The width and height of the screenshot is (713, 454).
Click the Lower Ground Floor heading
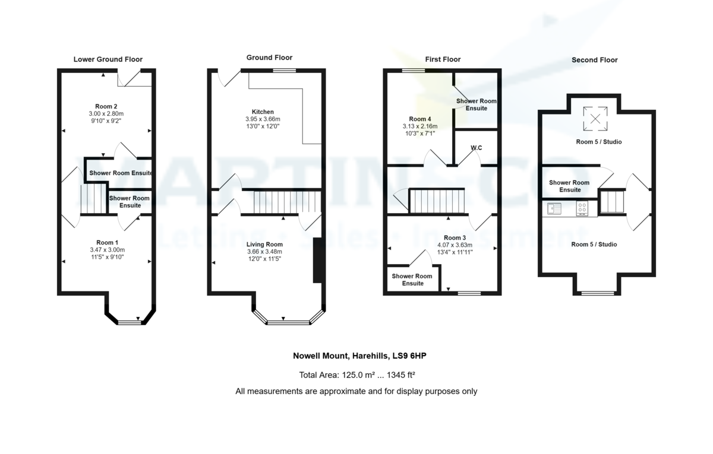click(x=108, y=59)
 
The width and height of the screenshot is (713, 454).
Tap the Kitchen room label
click(x=263, y=112)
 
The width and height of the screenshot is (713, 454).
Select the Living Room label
click(x=264, y=245)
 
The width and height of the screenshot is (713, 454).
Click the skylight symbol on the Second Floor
click(x=595, y=119)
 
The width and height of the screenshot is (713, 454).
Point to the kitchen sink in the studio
click(x=554, y=208)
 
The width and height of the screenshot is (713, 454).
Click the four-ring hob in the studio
click(x=582, y=209)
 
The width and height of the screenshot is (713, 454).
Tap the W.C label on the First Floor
click(x=476, y=148)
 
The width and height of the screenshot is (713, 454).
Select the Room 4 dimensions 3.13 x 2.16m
click(x=420, y=126)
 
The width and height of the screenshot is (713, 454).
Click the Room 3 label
click(x=455, y=238)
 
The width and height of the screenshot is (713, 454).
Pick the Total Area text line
click(x=357, y=375)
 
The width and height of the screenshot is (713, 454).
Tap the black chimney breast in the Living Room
click(x=318, y=261)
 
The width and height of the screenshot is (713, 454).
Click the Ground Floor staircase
click(x=287, y=202)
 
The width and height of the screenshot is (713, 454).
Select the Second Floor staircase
click(x=612, y=202)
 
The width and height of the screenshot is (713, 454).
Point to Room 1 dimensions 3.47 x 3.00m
click(x=108, y=250)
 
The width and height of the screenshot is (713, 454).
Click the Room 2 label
click(x=106, y=106)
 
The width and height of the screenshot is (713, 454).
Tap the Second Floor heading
click(x=595, y=60)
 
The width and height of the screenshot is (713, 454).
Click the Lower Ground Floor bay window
click(x=130, y=323)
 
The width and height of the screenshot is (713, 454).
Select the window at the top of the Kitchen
click(x=284, y=71)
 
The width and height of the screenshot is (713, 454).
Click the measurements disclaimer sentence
click(x=356, y=391)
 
